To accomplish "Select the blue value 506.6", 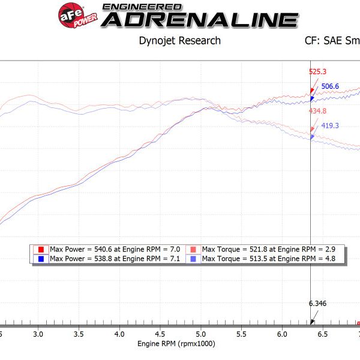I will click(331, 86).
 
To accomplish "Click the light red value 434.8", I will click(317, 111).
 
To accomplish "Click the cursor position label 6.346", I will click(317, 304).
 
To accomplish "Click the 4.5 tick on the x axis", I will click(160, 332).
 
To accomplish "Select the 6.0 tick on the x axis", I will click(281, 332).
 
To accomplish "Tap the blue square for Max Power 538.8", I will click(41, 259).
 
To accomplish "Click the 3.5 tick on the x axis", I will click(79, 332).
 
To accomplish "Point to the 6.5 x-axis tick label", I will click(322, 332).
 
